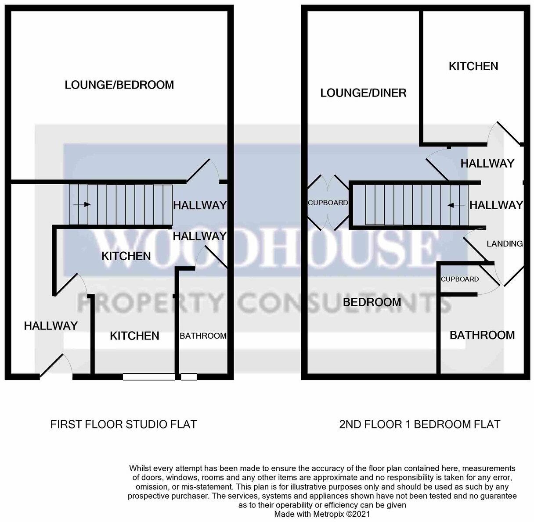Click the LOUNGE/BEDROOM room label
(x=119, y=85)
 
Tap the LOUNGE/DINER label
(x=363, y=93)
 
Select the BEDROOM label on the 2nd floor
(x=372, y=302)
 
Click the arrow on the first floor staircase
(x=83, y=204)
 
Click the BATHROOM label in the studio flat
(x=203, y=336)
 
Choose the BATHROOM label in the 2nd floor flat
(x=482, y=335)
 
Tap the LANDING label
(x=505, y=244)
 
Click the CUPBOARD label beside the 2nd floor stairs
(x=328, y=203)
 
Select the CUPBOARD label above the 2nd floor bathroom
(x=459, y=279)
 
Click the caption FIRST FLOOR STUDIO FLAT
(x=123, y=424)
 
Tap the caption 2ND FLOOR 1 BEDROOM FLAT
(x=419, y=424)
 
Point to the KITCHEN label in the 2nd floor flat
(x=473, y=66)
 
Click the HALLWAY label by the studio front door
(x=51, y=326)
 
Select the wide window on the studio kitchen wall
(x=149, y=376)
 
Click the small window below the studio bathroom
(x=189, y=376)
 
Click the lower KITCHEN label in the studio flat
(x=134, y=336)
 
